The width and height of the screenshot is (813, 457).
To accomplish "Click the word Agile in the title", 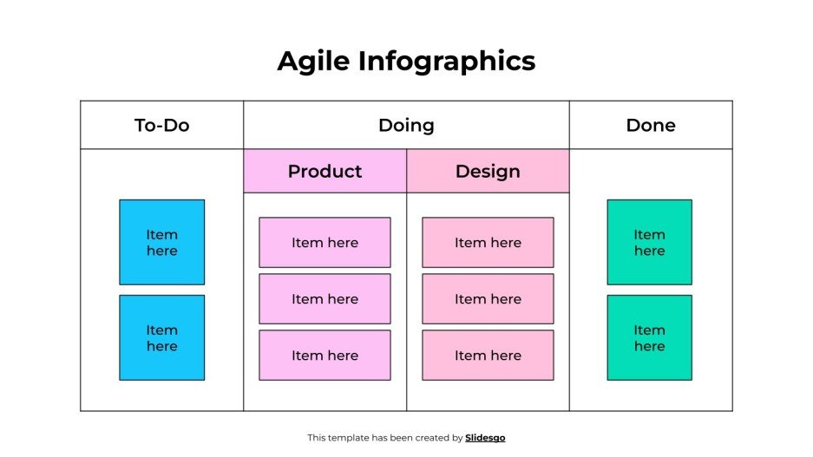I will tap(313, 62).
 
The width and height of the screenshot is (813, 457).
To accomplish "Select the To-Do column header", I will tap(161, 125).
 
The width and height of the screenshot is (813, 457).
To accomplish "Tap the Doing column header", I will tap(406, 125).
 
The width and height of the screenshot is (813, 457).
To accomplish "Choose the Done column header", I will tap(650, 125).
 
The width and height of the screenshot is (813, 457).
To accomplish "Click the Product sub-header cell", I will tap(325, 171).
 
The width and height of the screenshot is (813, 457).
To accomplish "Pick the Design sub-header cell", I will tap(488, 171).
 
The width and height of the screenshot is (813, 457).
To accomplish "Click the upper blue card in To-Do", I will tap(161, 242).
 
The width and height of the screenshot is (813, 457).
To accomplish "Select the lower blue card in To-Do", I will tap(161, 337).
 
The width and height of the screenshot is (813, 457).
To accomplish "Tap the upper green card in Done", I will tap(649, 242).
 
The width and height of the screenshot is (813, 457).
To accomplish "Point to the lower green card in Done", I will tap(649, 337).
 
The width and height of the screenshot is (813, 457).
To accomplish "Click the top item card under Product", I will tap(325, 242).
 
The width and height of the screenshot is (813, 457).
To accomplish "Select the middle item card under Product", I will tap(325, 298).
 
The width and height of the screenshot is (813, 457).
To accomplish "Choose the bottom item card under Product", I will tap(325, 355).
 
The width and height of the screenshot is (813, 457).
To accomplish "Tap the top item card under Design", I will tap(488, 242).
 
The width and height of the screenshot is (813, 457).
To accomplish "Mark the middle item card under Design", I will tap(488, 298).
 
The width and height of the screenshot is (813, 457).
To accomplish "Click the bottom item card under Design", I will tap(488, 355).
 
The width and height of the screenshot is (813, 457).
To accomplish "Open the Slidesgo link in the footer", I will tap(485, 438).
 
